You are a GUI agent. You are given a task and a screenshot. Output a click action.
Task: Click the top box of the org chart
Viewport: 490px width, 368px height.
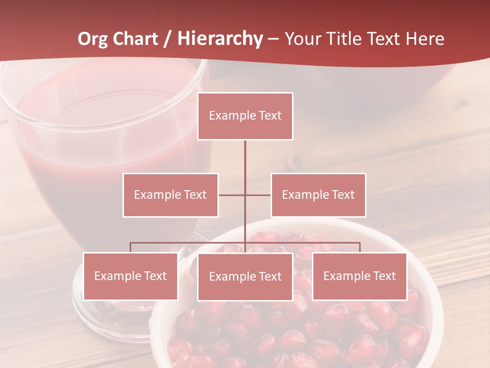click(245, 116)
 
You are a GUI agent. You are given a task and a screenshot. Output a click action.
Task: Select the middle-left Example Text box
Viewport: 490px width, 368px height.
click(170, 195)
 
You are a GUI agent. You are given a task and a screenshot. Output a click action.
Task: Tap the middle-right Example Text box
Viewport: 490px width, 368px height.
click(318, 195)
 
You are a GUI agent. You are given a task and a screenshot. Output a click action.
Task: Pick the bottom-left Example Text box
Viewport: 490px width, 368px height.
click(130, 276)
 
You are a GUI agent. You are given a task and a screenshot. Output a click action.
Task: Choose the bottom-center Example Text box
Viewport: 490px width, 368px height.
click(245, 277)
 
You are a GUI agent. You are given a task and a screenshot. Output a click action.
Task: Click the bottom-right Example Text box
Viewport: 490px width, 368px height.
click(359, 276)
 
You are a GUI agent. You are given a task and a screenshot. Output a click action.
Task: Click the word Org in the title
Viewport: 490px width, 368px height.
click(93, 39)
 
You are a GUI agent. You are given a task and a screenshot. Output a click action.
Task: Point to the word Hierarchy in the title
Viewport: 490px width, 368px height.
click(220, 39)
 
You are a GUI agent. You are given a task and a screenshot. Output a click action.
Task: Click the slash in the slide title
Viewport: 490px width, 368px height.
click(167, 39)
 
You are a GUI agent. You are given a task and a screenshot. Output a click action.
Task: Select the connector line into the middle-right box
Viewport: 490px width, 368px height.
click(258, 195)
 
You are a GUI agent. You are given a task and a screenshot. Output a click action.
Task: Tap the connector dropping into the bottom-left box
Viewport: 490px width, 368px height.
click(130, 247)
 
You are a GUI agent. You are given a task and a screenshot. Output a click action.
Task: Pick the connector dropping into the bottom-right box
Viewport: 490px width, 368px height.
click(360, 247)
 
